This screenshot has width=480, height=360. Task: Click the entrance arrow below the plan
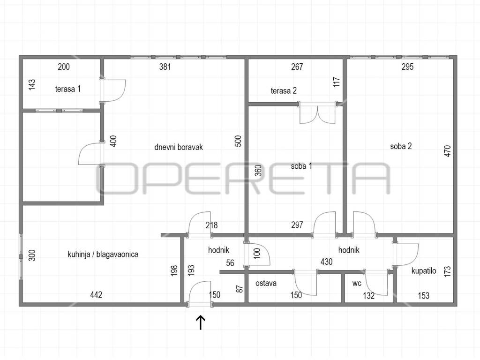pyautogui.click(x=201, y=322)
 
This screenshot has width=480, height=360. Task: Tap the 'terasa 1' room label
pyautogui.click(x=68, y=89)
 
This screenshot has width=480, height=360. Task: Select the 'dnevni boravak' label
pyautogui.click(x=179, y=147)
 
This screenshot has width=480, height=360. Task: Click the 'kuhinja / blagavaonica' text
pyautogui.click(x=103, y=254)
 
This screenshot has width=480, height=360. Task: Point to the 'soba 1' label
pyautogui.click(x=301, y=166)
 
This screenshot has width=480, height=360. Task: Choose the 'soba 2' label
pyautogui.click(x=401, y=146)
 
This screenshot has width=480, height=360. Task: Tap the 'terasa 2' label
pyautogui.click(x=284, y=90)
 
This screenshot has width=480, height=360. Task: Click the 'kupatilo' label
pyautogui.click(x=424, y=270)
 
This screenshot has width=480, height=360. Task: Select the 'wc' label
pyautogui.click(x=357, y=283)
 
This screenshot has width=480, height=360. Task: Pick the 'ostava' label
pyautogui.click(x=266, y=283)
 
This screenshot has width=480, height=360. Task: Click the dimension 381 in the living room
pyautogui.click(x=165, y=67)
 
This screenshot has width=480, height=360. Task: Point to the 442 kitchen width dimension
pyautogui.click(x=96, y=295)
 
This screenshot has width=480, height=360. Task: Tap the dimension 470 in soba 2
pyautogui.click(x=447, y=151)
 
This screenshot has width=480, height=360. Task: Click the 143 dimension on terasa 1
pyautogui.click(x=32, y=84)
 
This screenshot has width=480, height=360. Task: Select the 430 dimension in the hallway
pyautogui.click(x=327, y=262)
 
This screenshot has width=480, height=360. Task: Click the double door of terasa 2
pyautogui.click(x=318, y=112)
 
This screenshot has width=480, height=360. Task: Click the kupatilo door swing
pyautogui.click(x=406, y=255)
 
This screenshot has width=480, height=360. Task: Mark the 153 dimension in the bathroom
pyautogui.click(x=424, y=295)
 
